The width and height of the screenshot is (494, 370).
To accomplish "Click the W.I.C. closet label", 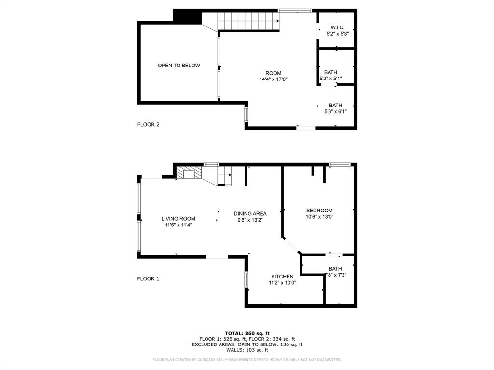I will pos(337,27).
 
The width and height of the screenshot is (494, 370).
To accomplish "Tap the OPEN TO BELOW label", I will pos(178,66).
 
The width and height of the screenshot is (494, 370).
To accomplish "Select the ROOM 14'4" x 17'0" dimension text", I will pos(273,79).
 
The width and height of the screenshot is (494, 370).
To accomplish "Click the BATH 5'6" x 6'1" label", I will pos(335,108).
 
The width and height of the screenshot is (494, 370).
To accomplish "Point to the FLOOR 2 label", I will pos(148,124).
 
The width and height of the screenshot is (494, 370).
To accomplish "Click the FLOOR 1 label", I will pos(148,278).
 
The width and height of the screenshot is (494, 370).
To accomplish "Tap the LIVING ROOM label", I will pos(178,218).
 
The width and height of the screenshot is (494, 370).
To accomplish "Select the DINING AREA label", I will pos(250,213).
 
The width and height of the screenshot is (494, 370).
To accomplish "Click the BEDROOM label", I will pos(319,211).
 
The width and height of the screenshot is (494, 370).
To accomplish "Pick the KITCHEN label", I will pos(282,277).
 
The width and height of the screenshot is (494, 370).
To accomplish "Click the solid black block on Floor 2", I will pos(187,15).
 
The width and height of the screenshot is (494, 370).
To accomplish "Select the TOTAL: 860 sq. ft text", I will pos(247,333).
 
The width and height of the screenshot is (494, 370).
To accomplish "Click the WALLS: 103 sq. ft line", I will pos(247,350).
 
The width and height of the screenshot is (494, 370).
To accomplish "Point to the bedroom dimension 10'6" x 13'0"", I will pos(320,217).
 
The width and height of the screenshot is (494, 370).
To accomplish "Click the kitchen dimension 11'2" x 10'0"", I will pos(282,283).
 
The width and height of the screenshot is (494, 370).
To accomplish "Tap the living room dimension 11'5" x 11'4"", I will pos(178,225).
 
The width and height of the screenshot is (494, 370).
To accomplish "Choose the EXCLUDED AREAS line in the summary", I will pos(247,344).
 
